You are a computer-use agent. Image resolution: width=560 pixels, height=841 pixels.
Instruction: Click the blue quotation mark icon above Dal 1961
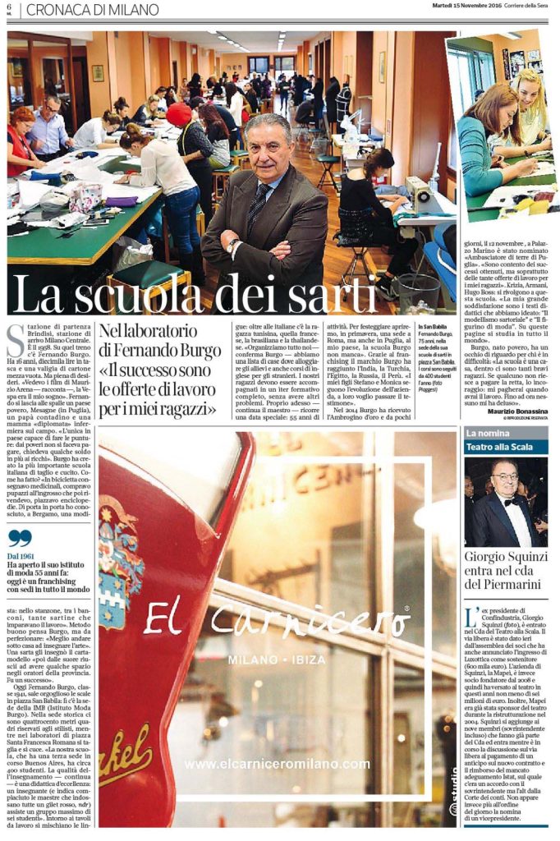[x=20, y=539]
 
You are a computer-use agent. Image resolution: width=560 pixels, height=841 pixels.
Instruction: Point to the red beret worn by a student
[x=178, y=114]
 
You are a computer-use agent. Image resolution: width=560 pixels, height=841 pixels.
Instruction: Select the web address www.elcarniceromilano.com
[x=277, y=764]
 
